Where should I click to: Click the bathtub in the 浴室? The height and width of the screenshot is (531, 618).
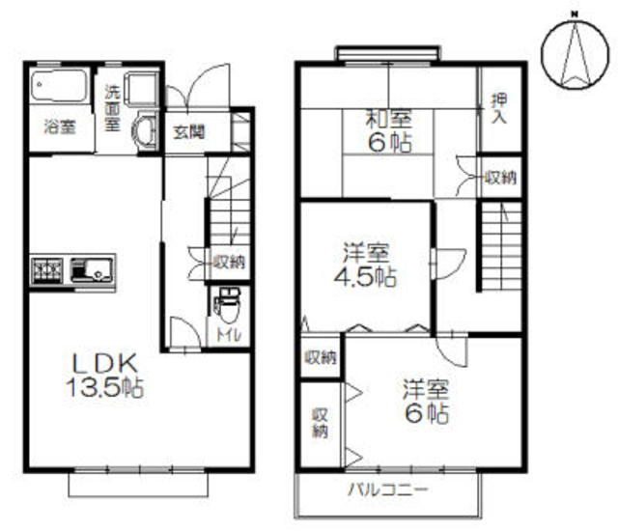[x=59, y=86]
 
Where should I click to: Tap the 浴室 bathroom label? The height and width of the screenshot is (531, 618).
[x=60, y=127]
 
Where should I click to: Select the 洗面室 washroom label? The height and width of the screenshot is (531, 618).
[x=113, y=108]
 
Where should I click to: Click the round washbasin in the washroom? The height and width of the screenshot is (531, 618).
[x=145, y=130]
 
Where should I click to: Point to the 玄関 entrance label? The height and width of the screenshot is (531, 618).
[x=189, y=132]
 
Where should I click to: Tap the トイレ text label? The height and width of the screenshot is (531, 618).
[x=228, y=335]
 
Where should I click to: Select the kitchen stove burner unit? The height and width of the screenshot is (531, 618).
[x=47, y=270]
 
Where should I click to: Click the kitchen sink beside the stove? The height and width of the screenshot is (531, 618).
[x=93, y=269]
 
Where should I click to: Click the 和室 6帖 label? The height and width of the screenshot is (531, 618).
[x=389, y=130]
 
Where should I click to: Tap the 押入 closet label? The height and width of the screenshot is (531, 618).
[x=499, y=109]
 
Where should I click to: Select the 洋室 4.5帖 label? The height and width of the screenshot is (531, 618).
[x=365, y=265]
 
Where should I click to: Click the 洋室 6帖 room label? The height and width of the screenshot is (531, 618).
[x=426, y=401]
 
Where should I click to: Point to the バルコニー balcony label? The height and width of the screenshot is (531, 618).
[x=388, y=490]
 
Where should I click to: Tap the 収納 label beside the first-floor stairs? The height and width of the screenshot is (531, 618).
[x=230, y=262]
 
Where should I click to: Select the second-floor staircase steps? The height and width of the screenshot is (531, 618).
[x=500, y=246]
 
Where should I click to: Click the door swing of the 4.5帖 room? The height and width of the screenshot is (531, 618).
[x=449, y=264]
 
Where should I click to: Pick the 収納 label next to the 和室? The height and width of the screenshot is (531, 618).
[x=500, y=178]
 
